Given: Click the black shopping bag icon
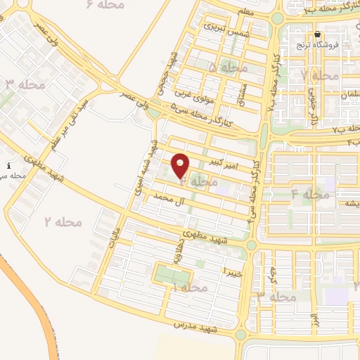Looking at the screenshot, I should tap(318, 34).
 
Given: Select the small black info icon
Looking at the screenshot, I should tap(8, 166).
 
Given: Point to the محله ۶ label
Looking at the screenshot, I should tap(105, 4).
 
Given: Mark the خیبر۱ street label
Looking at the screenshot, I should tap(232, 272).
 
